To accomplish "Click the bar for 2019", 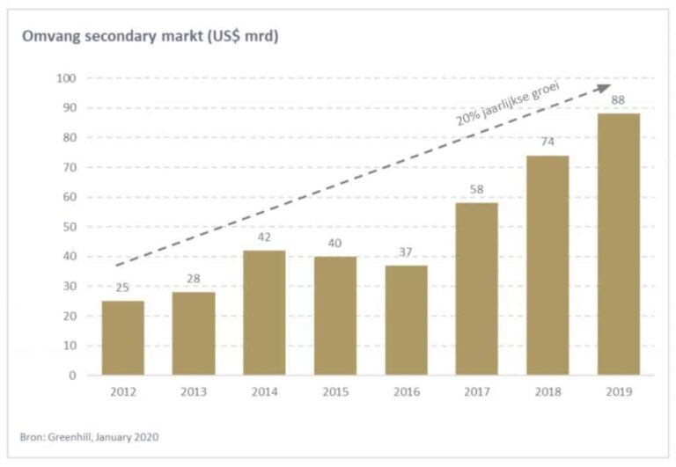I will [x=618, y=244].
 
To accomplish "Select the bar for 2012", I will [x=123, y=338].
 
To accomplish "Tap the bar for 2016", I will [x=406, y=320].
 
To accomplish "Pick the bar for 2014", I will [x=264, y=312].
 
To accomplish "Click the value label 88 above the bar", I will [x=618, y=99].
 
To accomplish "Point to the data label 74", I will [x=547, y=142].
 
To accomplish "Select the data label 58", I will [x=476, y=189].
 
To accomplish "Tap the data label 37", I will [x=406, y=252].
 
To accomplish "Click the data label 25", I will [x=123, y=287].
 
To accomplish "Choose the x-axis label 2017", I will [x=476, y=392].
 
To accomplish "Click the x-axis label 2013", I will [x=194, y=392].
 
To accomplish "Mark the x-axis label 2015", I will [x=335, y=392].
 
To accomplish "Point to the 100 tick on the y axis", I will [x=68, y=78].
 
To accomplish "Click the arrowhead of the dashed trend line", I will [x=604, y=86].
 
